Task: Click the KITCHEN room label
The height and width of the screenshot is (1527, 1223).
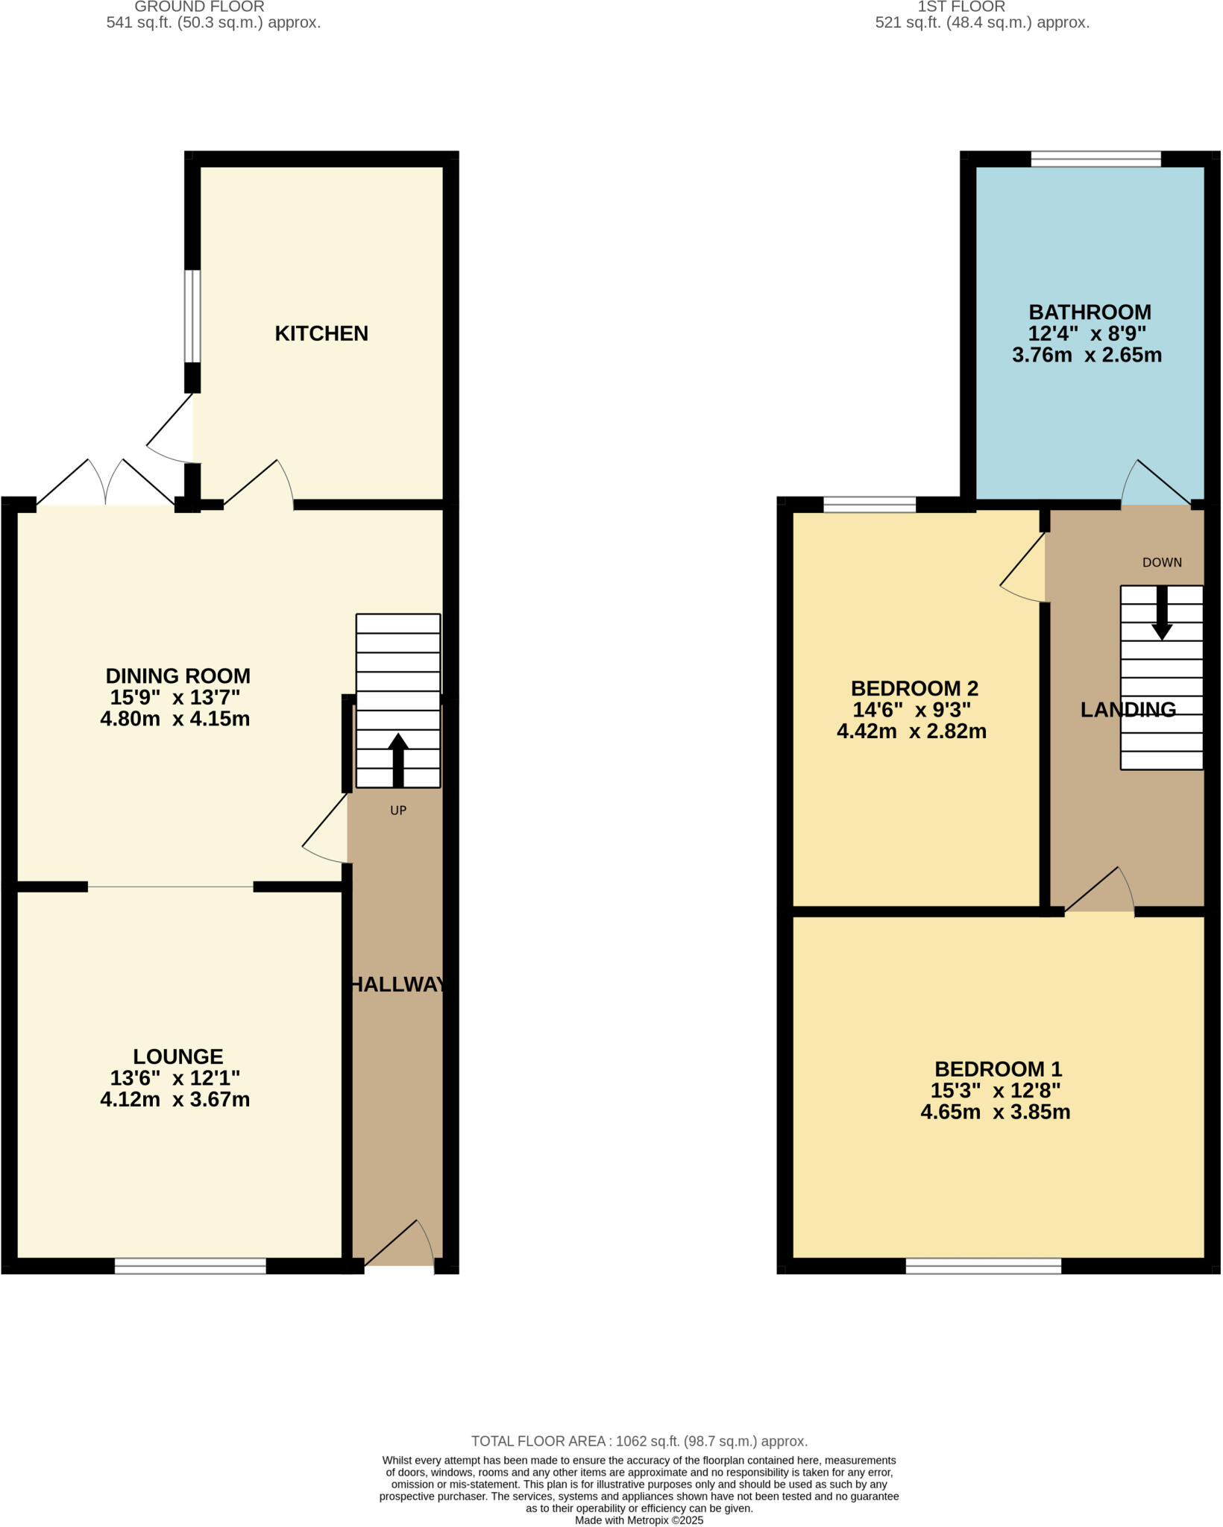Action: pos(321,333)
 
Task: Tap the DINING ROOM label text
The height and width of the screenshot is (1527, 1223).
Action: pos(177,676)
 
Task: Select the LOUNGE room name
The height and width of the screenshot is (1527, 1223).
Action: pos(177,1057)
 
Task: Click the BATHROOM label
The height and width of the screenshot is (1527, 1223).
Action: pos(1090,312)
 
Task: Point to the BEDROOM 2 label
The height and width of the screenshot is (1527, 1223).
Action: pos(914,688)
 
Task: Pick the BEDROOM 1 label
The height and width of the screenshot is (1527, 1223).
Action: pos(998,1069)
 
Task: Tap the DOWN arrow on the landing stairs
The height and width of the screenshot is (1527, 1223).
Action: pos(1161,614)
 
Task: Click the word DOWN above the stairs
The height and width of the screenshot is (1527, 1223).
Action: pos(1162,563)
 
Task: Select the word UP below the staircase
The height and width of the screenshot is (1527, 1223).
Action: pos(398,810)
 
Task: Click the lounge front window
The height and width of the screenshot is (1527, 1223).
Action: pos(190,1266)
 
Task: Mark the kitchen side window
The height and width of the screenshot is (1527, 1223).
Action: pos(192,316)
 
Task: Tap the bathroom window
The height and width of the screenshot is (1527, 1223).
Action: pos(1095,159)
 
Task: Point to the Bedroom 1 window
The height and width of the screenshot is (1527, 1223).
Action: pos(983,1266)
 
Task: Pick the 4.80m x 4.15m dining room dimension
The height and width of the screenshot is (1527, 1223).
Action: pos(175,720)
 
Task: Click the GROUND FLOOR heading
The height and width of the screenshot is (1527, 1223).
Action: pos(199,7)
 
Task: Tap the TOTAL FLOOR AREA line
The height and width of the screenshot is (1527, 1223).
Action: pos(639,1442)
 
